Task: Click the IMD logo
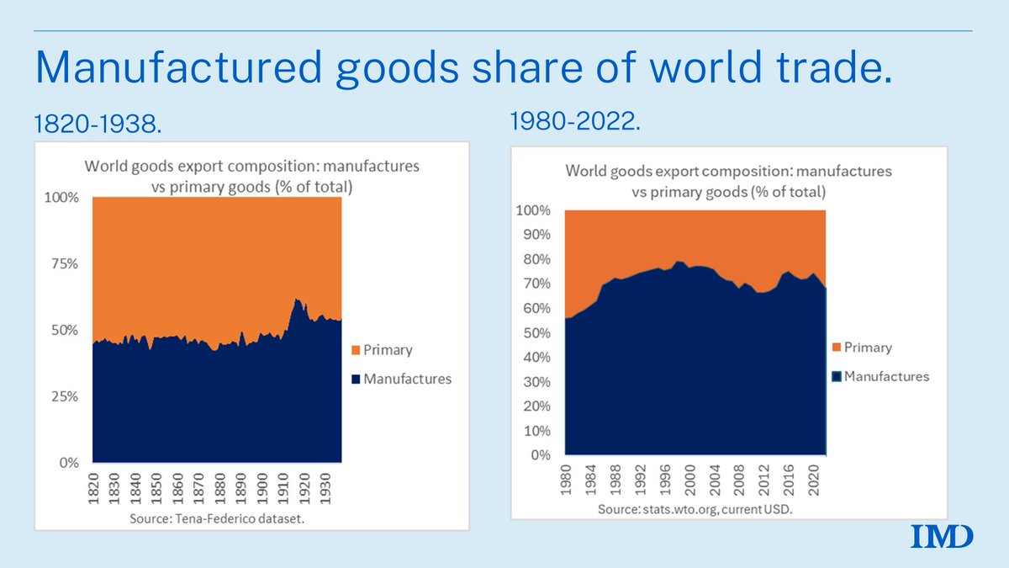pos(942,535)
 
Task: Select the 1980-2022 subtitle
pos(576,122)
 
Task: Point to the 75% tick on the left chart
pos(63,263)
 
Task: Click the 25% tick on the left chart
pos(63,396)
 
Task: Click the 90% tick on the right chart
pos(536,235)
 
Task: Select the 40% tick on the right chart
pos(536,358)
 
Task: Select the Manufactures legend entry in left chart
pos(400,379)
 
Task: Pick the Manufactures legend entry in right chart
pos(880,376)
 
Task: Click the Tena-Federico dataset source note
pos(218,518)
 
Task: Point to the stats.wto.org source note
pos(695,510)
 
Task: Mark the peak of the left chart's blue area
pos(296,299)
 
